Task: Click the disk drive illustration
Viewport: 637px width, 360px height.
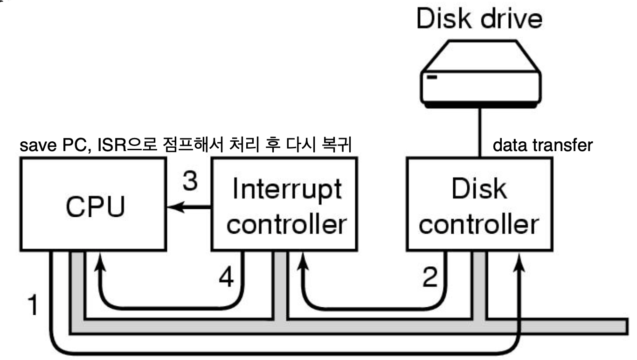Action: pyautogui.click(x=481, y=77)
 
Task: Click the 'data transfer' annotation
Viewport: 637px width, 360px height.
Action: pyautogui.click(x=542, y=145)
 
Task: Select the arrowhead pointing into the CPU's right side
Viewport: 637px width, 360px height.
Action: pyautogui.click(x=173, y=208)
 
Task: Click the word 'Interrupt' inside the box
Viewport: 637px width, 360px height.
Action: pyautogui.click(x=286, y=190)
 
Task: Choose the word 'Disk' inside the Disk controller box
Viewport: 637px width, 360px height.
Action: pyautogui.click(x=480, y=190)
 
